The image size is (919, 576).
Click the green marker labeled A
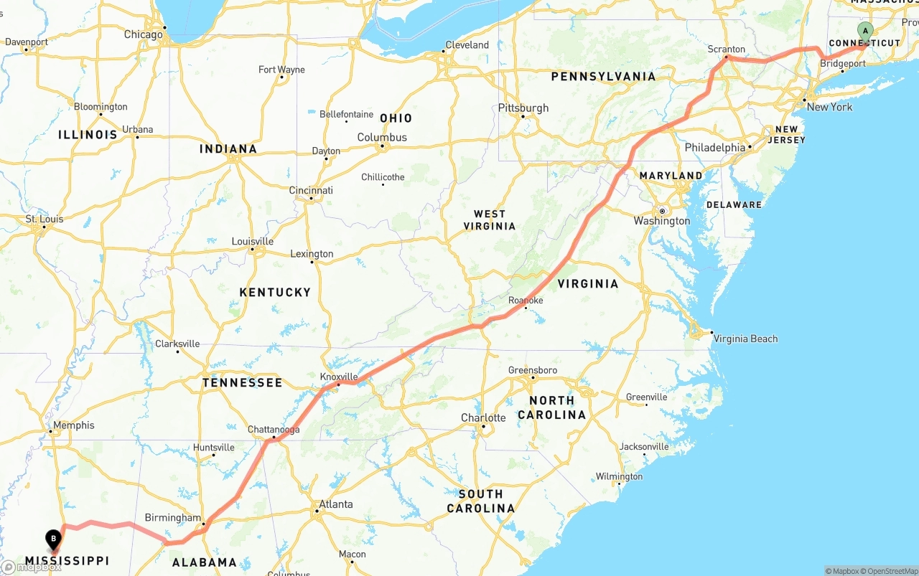click(x=865, y=31)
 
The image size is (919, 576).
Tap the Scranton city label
click(x=727, y=49)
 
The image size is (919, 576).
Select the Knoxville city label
click(x=339, y=377)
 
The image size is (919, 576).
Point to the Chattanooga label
click(x=274, y=430)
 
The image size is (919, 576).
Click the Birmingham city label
click(x=173, y=517)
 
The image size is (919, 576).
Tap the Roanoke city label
click(x=526, y=301)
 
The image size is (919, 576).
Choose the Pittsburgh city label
click(x=523, y=108)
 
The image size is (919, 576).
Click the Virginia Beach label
click(x=745, y=339)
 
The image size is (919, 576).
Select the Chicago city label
click(x=143, y=34)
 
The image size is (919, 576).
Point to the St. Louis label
click(x=45, y=219)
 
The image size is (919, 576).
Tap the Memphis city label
click(x=74, y=425)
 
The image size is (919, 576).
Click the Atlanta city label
click(x=336, y=504)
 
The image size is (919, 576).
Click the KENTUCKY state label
click(x=275, y=292)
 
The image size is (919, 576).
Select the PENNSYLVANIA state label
click(x=603, y=76)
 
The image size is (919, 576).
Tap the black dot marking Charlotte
click(x=483, y=427)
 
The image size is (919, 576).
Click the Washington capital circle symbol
click(x=662, y=211)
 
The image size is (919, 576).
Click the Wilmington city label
click(x=619, y=476)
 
